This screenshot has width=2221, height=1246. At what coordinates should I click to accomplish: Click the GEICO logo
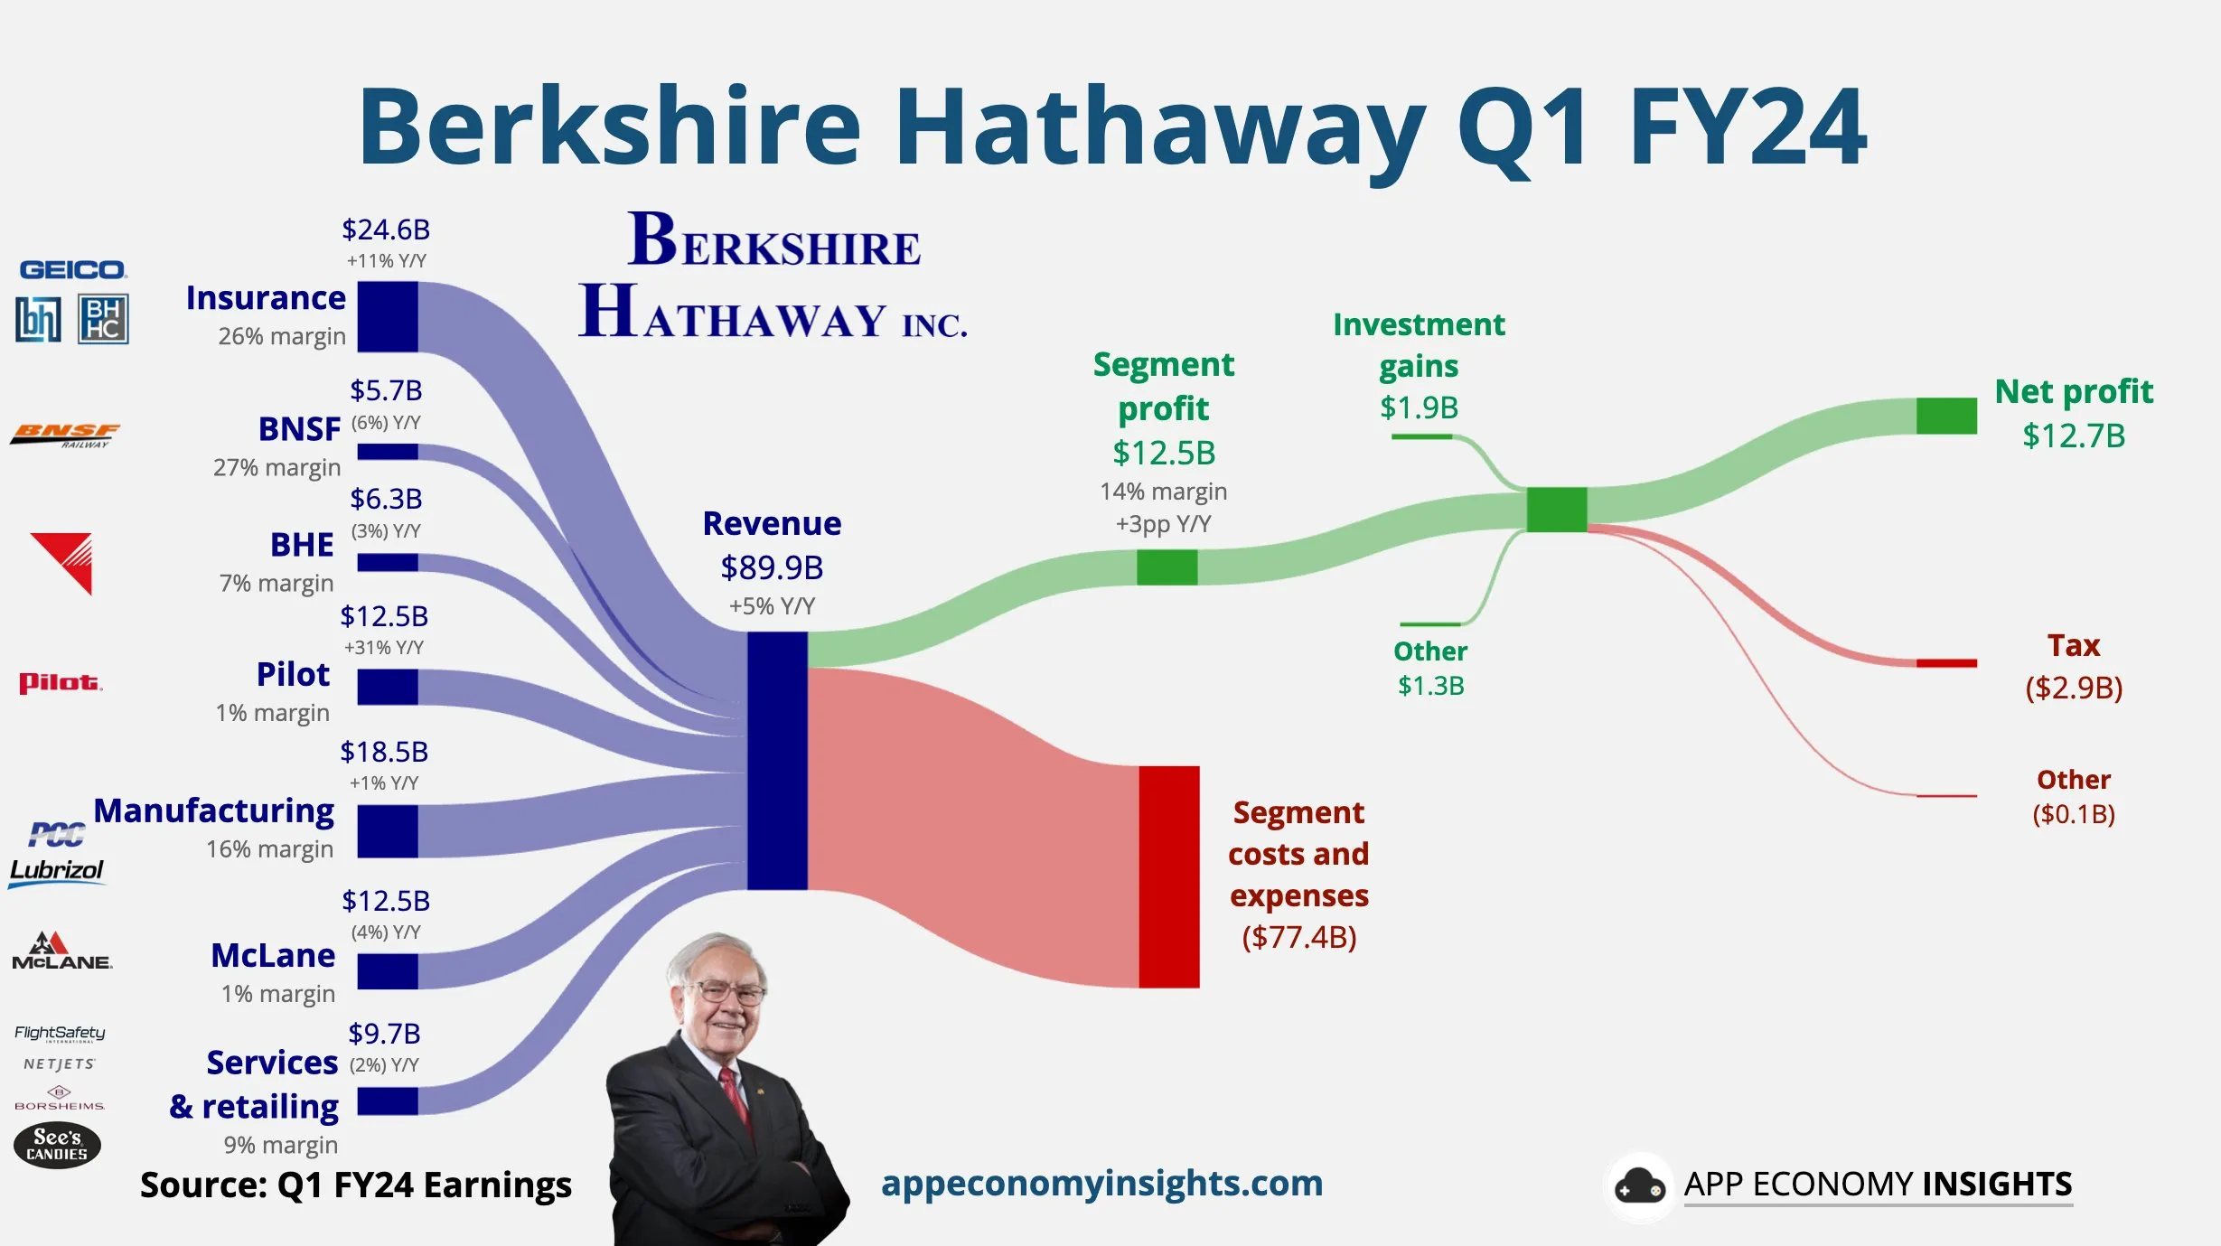pyautogui.click(x=73, y=269)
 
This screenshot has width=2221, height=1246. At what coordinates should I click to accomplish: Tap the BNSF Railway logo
pyautogui.click(x=65, y=435)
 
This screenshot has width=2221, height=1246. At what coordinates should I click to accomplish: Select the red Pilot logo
pyautogui.click(x=61, y=682)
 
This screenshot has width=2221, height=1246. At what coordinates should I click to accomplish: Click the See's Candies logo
pyautogui.click(x=57, y=1145)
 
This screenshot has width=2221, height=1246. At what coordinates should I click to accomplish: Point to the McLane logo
pyautogui.click(x=61, y=951)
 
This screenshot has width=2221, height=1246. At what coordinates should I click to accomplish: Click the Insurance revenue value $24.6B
pyautogui.click(x=386, y=230)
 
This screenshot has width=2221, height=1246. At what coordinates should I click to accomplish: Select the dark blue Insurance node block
pyautogui.click(x=388, y=316)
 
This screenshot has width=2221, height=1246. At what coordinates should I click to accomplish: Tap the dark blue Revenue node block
pyautogui.click(x=777, y=760)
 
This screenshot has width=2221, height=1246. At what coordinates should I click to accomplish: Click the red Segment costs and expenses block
pyautogui.click(x=1168, y=876)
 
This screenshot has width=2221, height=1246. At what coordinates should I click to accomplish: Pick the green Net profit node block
pyautogui.click(x=1946, y=416)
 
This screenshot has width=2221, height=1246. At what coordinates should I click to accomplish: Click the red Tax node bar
pyautogui.click(x=1946, y=663)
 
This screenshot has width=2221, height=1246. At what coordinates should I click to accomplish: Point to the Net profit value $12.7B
pyautogui.click(x=2074, y=436)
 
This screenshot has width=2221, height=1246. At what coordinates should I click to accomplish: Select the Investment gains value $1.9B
pyautogui.click(x=1419, y=408)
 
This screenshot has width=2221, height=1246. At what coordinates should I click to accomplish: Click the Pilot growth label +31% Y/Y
pyautogui.click(x=384, y=647)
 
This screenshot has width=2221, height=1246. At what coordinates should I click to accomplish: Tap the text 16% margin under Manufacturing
pyautogui.click(x=269, y=849)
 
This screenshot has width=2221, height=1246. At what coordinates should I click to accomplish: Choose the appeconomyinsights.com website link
pyautogui.click(x=1101, y=1183)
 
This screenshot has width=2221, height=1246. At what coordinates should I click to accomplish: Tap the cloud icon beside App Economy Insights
pyautogui.click(x=1639, y=1186)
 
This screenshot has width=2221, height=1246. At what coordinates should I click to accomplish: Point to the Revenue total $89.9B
pyautogui.click(x=772, y=567)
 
